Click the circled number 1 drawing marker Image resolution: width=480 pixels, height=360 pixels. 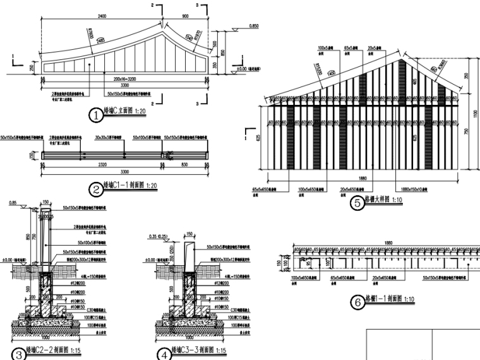tap(95, 116)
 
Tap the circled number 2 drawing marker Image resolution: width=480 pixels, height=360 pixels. tap(95, 188)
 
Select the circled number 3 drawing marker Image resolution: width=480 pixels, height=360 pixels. tap(18, 354)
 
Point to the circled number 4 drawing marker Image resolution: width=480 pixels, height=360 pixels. tap(165, 354)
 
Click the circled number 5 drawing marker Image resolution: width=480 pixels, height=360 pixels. tap(357, 203)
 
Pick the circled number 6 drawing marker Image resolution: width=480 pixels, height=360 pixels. tap(357, 302)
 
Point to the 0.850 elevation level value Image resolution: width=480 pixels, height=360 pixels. tap(254, 26)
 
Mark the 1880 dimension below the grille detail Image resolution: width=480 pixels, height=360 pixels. tap(362, 178)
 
